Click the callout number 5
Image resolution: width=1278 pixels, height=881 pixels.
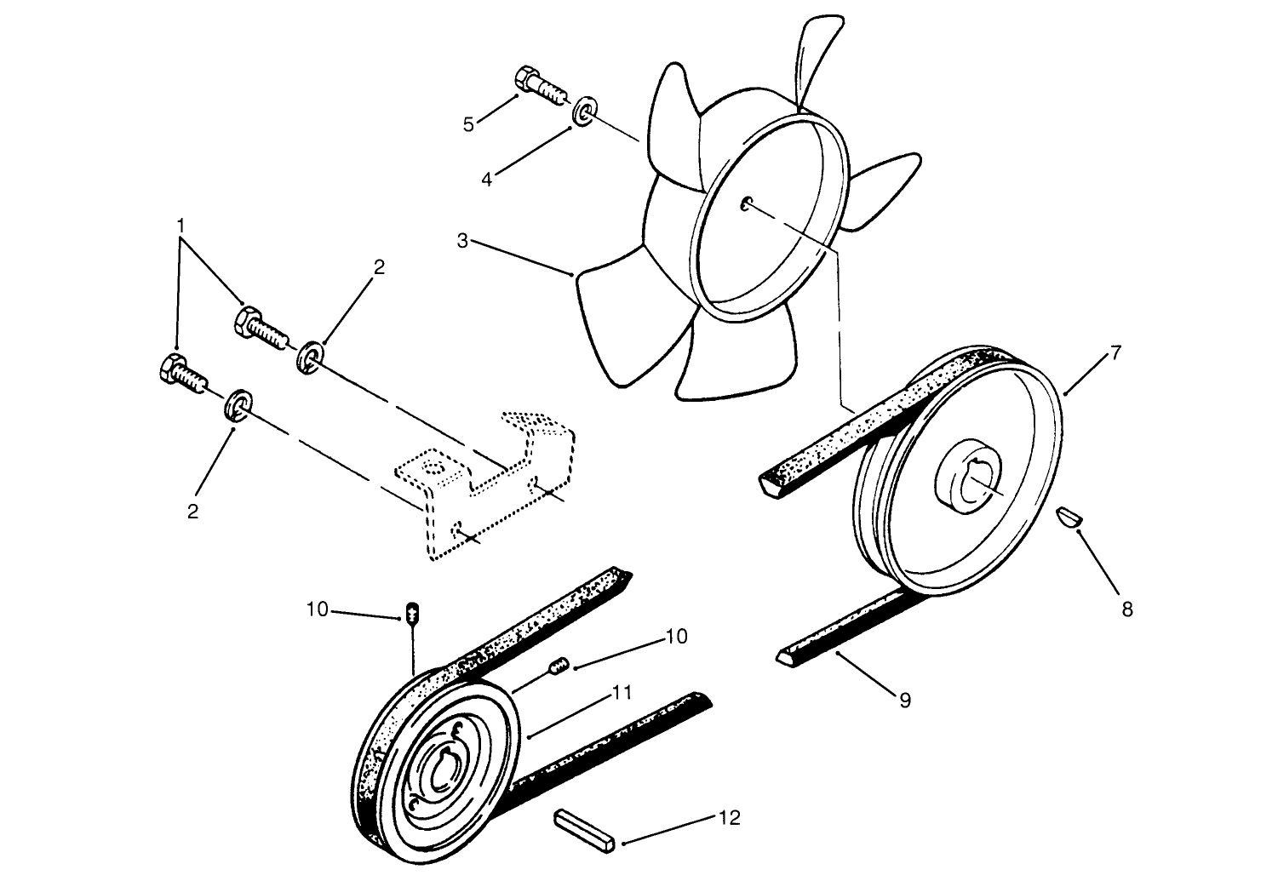[468, 124]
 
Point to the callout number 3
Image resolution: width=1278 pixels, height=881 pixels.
[462, 241]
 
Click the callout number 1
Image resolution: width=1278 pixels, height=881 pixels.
[181, 225]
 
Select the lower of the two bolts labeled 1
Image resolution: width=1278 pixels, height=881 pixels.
[182, 372]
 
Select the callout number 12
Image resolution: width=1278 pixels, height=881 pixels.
[728, 818]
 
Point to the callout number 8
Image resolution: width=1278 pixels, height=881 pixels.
[1126, 609]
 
